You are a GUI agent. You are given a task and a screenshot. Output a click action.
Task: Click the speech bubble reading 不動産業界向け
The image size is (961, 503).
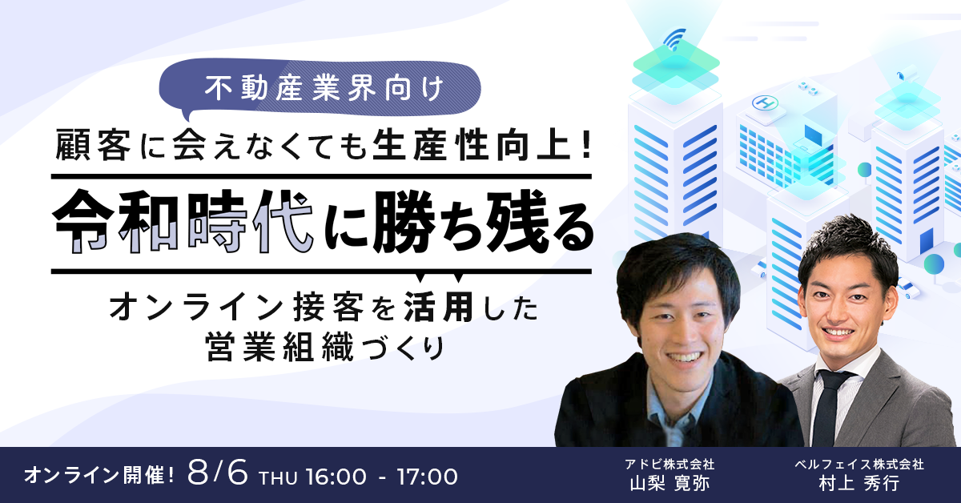[320, 89]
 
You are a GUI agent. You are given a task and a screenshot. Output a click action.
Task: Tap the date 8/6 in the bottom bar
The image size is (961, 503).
[218, 474]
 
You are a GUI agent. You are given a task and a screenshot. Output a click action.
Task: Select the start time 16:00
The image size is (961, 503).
[336, 477]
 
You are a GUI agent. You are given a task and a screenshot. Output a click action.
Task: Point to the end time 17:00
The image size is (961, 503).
[427, 477]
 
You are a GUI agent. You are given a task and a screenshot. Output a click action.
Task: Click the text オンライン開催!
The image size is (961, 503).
[99, 476]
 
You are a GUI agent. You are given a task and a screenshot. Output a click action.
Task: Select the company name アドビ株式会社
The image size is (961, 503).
[669, 464]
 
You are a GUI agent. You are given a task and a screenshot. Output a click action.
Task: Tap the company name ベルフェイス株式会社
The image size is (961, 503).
[858, 464]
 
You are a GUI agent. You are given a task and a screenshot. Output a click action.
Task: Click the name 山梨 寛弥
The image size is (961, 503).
[669, 483]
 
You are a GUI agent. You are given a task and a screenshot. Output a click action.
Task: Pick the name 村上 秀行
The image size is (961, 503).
[858, 483]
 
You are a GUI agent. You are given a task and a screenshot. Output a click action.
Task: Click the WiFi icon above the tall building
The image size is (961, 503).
[674, 39]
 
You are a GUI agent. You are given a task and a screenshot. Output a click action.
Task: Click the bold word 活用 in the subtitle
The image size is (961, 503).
[439, 307]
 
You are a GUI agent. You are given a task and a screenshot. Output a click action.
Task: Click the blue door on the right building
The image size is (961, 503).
[926, 240]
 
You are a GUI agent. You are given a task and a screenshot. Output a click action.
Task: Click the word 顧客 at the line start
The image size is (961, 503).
[93, 146]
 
